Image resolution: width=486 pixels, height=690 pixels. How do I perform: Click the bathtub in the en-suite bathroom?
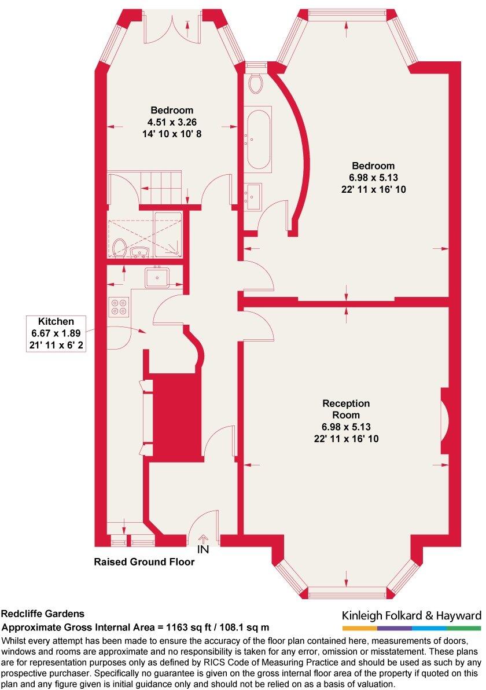coord(259,140)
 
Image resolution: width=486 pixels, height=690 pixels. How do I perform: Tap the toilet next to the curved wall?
coord(255,83)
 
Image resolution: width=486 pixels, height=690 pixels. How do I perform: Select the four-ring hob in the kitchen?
coord(119,306)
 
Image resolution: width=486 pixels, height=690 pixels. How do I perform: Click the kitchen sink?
coord(157,278)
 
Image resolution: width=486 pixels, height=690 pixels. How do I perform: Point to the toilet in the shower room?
coord(120,249)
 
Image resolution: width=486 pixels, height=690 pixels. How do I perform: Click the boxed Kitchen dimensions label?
coord(56,333)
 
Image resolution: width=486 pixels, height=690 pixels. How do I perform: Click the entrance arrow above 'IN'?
coord(203,539)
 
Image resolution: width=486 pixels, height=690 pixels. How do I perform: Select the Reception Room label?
coord(346,409)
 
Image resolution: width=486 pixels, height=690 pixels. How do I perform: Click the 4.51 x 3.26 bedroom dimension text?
coord(172,122)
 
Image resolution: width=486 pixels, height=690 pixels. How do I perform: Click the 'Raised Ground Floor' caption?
coord(144,561)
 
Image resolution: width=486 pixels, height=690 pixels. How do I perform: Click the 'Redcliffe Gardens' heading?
coord(43,614)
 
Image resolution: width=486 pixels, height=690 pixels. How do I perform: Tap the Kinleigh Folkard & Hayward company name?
coord(411,615)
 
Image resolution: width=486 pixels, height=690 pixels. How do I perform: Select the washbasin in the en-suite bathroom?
coord(253,196)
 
